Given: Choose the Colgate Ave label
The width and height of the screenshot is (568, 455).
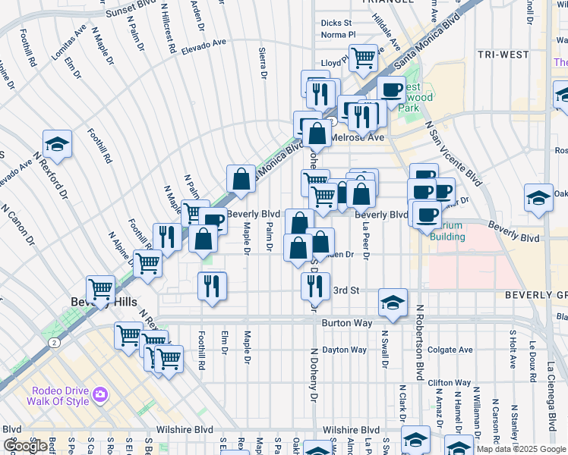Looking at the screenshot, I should pyautogui.click(x=451, y=350).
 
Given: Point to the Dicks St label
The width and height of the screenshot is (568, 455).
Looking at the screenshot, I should pyautogui.click(x=336, y=24).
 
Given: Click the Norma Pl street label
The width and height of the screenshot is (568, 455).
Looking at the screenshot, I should pyautogui.click(x=338, y=35).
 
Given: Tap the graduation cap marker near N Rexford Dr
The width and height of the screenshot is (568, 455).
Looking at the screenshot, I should pyautogui.click(x=56, y=144).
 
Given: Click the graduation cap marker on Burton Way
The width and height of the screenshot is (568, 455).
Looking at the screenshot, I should pyautogui.click(x=393, y=302).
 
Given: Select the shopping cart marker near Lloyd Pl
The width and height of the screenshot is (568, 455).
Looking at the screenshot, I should pyautogui.click(x=364, y=56).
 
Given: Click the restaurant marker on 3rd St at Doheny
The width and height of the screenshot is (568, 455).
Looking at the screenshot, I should pyautogui.click(x=314, y=285).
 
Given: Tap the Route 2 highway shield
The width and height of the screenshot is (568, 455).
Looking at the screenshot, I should pyautogui.click(x=55, y=343).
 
